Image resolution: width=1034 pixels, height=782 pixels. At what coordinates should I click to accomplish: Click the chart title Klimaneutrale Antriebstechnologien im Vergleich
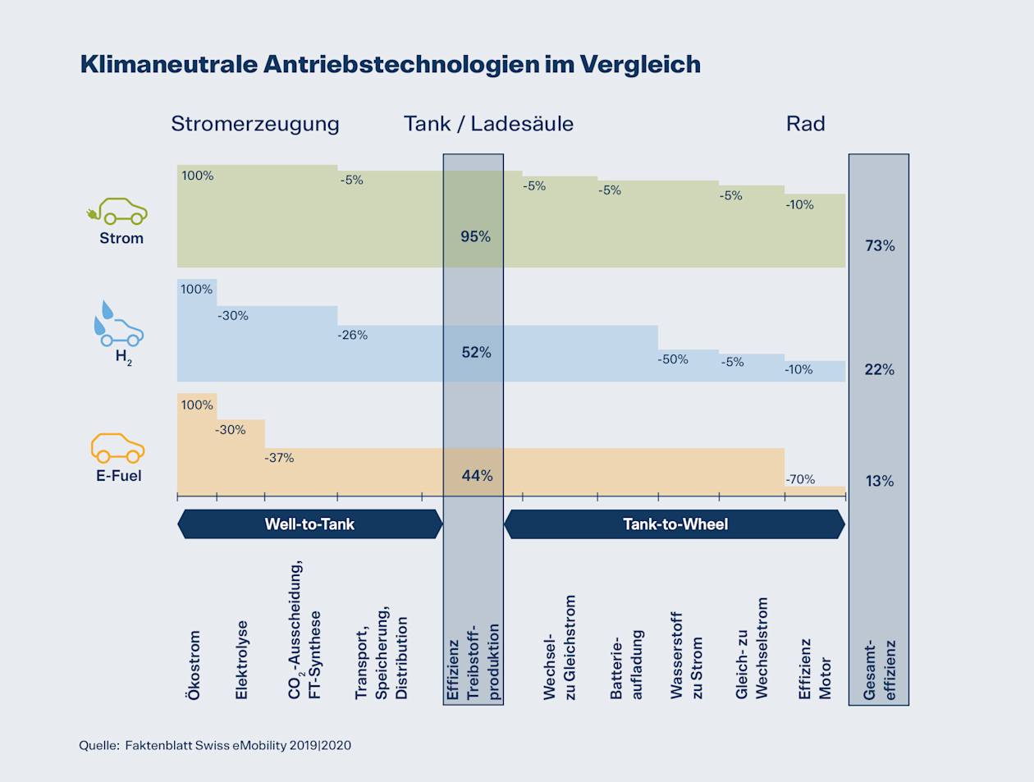[x=390, y=64]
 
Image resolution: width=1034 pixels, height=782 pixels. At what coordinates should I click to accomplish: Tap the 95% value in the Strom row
[x=475, y=236]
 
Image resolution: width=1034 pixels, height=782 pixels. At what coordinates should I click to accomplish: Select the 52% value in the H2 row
[x=476, y=352]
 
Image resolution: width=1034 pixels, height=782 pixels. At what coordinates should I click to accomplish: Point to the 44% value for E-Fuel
[x=477, y=475]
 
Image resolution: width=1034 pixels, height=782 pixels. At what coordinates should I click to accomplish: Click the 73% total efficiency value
[x=880, y=245]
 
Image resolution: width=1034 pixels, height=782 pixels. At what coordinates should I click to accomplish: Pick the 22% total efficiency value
[x=879, y=369]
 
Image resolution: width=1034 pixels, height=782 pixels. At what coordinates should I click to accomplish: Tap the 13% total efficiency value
[x=879, y=481]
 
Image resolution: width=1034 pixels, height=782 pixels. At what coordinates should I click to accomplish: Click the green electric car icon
[x=117, y=211]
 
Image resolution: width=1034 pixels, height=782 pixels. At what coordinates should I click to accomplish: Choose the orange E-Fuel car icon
[x=117, y=448]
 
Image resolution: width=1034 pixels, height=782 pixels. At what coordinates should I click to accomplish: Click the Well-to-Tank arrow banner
[x=309, y=524]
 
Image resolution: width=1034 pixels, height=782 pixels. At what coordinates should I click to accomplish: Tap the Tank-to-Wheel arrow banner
[x=675, y=524]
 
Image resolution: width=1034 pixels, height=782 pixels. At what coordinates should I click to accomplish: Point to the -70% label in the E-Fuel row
[x=800, y=479]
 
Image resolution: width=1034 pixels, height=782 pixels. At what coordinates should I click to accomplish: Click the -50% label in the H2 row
[x=673, y=359]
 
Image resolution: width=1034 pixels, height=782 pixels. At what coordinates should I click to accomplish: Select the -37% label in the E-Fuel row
[x=279, y=458]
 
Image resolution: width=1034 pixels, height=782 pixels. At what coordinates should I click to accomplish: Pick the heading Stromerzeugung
[x=254, y=124]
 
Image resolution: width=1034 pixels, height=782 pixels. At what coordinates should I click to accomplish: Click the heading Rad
[x=805, y=124]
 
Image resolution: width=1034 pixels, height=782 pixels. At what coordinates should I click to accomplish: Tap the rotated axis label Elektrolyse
[x=241, y=660]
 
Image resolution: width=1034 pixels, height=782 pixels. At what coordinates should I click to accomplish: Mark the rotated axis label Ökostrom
[x=194, y=665]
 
